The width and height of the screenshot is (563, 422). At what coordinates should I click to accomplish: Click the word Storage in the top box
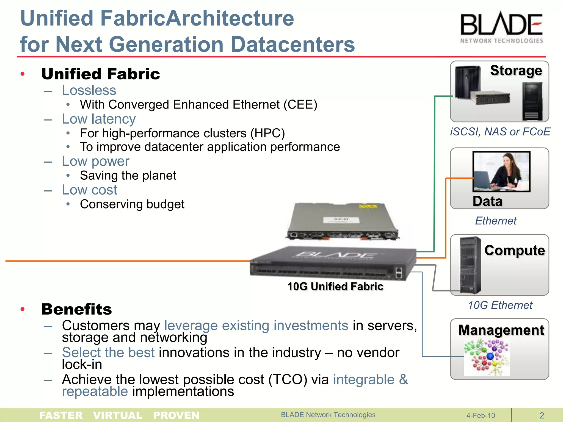coord(516,71)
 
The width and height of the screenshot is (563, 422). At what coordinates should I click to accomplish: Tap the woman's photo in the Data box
coord(501,171)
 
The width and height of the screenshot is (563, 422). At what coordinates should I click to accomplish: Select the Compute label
coord(514,250)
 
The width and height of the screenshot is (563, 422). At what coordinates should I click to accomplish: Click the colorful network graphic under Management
coord(487,357)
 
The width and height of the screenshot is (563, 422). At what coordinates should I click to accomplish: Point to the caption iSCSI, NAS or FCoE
coord(500,132)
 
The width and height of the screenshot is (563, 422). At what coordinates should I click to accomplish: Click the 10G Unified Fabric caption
coord(335,287)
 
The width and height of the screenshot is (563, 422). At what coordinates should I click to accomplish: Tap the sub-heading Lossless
coord(89,90)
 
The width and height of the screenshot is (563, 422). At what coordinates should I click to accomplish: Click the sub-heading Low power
coord(95,161)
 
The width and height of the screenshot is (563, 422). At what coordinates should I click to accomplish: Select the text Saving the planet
coord(128,176)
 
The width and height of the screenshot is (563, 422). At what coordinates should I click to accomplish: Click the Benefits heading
coord(76,309)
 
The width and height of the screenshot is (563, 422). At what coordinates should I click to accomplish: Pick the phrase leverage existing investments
coord(256,326)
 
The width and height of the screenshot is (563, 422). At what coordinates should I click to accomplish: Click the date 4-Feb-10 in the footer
coord(481,415)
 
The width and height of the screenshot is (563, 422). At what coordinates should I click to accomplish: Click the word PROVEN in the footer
coord(176,415)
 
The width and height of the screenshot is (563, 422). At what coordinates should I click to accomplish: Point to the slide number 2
coord(542,415)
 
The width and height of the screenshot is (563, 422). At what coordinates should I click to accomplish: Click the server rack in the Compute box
coord(470,265)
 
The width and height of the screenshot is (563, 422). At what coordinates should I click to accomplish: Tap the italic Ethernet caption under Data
coord(496,221)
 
